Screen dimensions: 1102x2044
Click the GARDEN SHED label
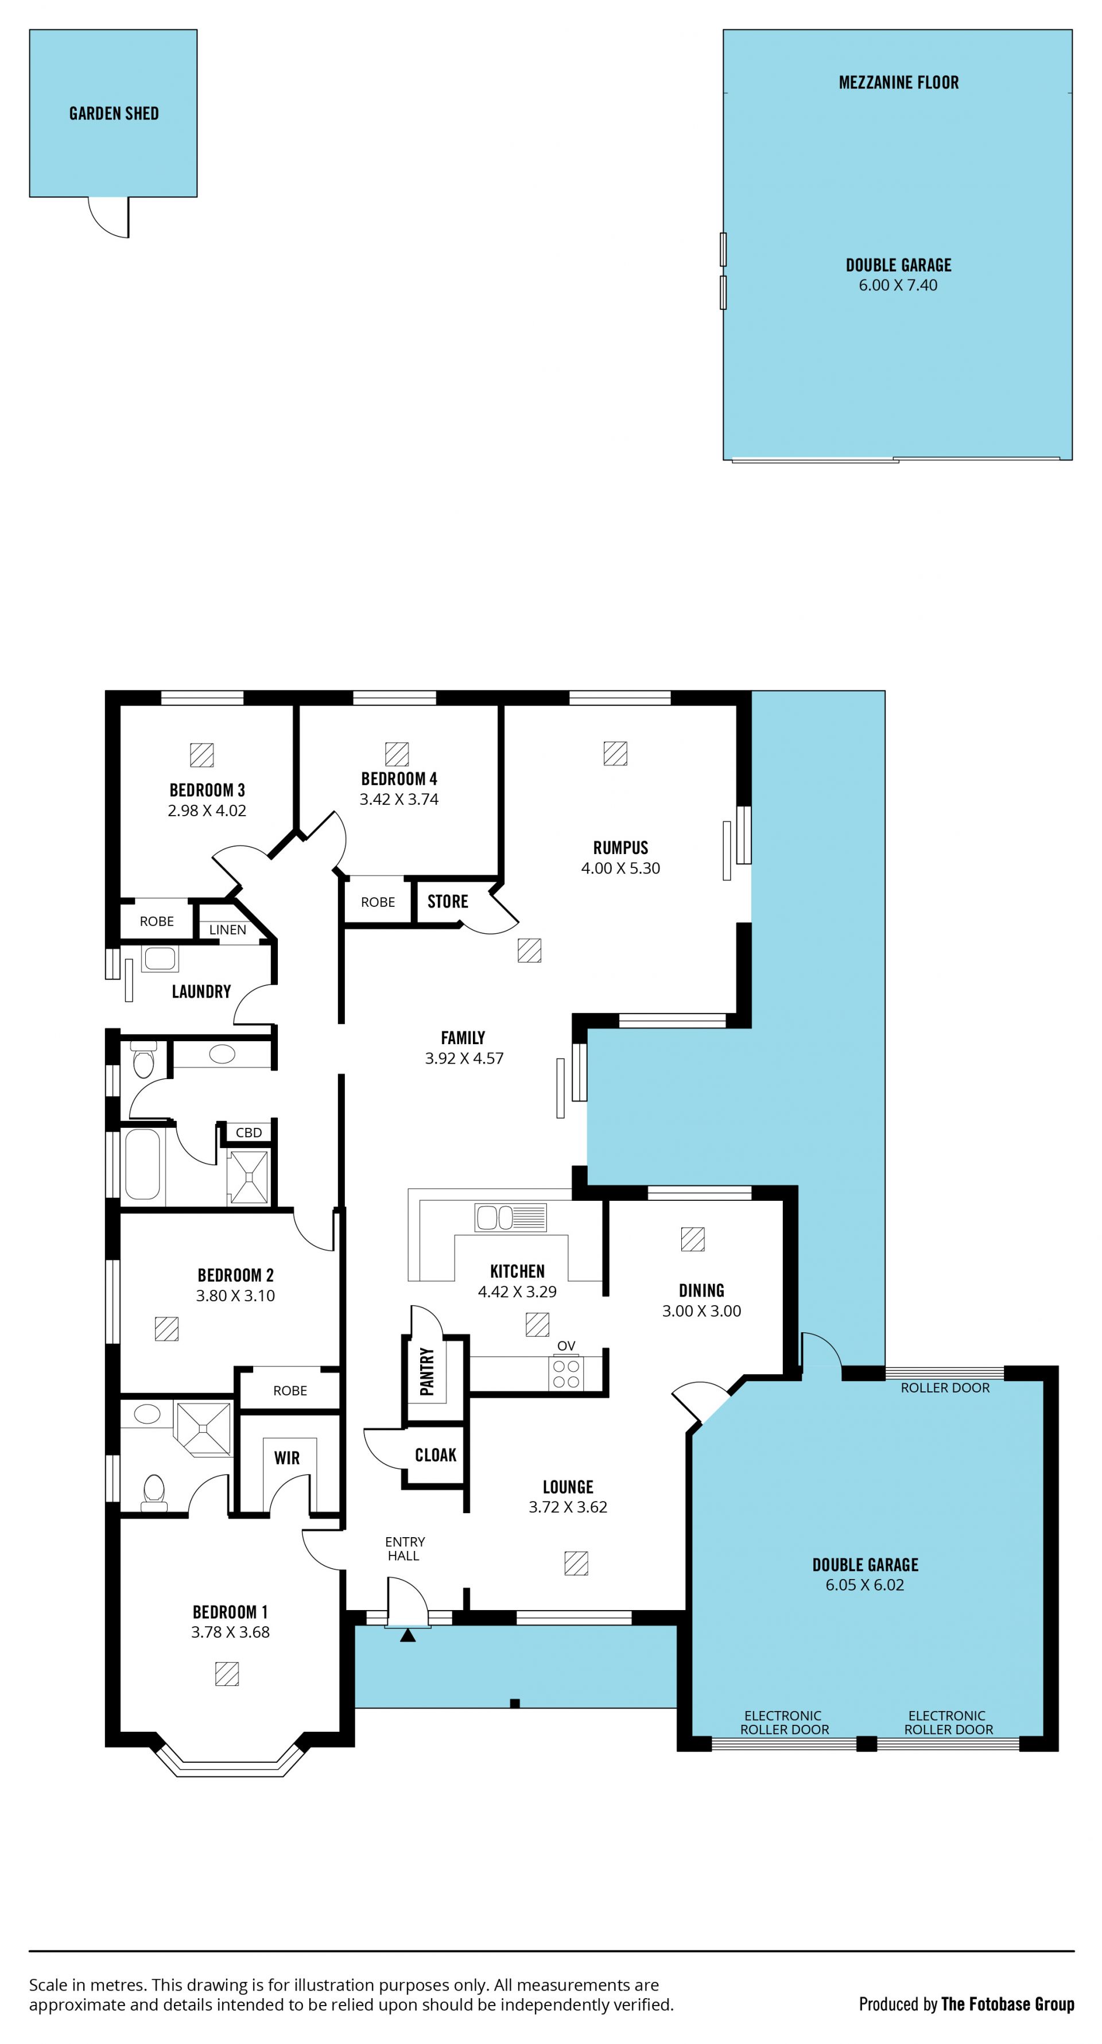pyautogui.click(x=114, y=114)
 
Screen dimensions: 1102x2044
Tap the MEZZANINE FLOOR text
pyautogui.click(x=898, y=83)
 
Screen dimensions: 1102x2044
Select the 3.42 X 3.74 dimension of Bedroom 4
pyautogui.click(x=398, y=799)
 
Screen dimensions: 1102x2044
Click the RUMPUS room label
pyautogui.click(x=620, y=847)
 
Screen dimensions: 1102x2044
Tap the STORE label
pyautogui.click(x=448, y=901)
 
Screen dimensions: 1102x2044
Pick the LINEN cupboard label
pyautogui.click(x=228, y=929)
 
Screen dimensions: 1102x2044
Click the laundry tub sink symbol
pyautogui.click(x=160, y=958)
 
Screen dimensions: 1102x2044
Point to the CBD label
pyautogui.click(x=249, y=1132)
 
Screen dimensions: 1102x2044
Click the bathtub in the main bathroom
pyautogui.click(x=143, y=1164)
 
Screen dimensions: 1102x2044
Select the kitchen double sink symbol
pyautogui.click(x=510, y=1217)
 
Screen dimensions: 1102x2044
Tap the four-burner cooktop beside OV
pyautogui.click(x=566, y=1374)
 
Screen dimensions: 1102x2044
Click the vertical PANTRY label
pyautogui.click(x=427, y=1371)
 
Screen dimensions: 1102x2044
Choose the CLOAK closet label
pyautogui.click(x=436, y=1455)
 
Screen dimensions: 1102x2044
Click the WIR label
pyautogui.click(x=286, y=1457)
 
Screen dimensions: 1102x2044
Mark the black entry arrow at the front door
pyautogui.click(x=408, y=1635)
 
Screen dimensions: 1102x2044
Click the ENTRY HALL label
pyautogui.click(x=405, y=1548)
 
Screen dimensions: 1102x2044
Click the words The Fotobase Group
pyautogui.click(x=1008, y=2004)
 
